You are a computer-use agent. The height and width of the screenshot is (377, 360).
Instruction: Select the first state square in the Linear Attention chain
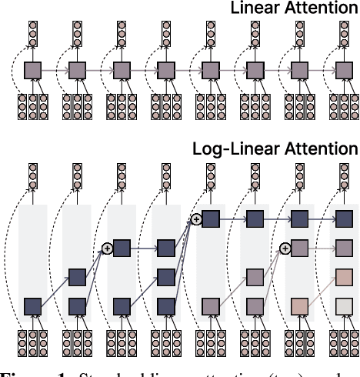coord(32,71)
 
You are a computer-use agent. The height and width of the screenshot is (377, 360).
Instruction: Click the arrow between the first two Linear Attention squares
coord(55,71)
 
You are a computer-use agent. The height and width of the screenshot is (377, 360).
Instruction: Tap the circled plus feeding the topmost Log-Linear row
coord(196,219)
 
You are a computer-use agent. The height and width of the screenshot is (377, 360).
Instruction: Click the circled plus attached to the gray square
coord(285,248)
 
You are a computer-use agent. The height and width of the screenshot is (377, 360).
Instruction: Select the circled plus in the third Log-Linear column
coord(107,248)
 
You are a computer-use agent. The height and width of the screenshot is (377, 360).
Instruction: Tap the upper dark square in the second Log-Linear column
coord(77,277)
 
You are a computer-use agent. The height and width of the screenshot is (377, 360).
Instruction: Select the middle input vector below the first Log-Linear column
coord(32,343)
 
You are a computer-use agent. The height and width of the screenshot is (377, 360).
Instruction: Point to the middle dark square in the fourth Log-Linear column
coord(166,277)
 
